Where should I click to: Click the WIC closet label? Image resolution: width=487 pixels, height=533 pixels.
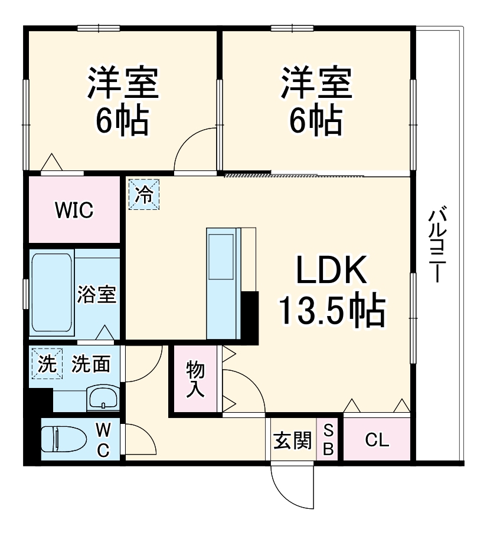click(x=74, y=210)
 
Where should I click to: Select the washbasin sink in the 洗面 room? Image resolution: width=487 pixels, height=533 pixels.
click(x=103, y=398)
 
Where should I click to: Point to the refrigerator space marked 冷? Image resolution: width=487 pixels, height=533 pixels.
click(x=143, y=195)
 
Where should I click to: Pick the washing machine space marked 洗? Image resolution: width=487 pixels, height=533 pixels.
click(x=47, y=363)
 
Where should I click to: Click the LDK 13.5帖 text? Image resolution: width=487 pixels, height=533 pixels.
click(x=332, y=291)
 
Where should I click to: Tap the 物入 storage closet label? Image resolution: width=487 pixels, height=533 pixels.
click(x=195, y=379)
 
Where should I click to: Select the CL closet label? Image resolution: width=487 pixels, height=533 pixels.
click(x=377, y=440)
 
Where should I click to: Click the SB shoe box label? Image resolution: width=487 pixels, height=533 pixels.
click(x=328, y=440)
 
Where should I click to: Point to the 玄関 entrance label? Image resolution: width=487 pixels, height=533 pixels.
click(x=293, y=440)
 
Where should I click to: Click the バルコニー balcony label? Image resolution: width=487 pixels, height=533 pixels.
click(x=437, y=244)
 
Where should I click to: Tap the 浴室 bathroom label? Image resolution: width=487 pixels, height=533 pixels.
click(x=97, y=294)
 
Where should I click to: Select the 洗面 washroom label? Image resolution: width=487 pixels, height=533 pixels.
click(x=90, y=364)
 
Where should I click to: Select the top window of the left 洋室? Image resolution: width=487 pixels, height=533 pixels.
click(x=99, y=28)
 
